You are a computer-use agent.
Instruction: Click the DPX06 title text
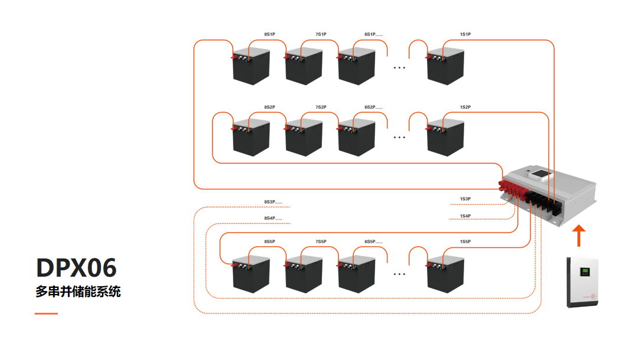point(76,268)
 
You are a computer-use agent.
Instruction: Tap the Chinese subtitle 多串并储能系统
point(78,292)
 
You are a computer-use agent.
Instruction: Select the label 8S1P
point(270,35)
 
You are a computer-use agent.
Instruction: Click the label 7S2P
point(321,107)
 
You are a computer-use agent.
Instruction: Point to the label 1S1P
point(465,35)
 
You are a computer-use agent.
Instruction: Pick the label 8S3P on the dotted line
point(272,202)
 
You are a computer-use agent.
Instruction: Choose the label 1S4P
point(465,216)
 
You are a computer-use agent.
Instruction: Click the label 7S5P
point(321,242)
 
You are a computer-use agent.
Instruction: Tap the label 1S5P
point(465,242)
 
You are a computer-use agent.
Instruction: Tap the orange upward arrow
point(580,235)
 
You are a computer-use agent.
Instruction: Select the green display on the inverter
point(586,271)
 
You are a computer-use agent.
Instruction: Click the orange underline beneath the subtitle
point(46,313)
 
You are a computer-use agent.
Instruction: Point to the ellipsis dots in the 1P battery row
point(399,68)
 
